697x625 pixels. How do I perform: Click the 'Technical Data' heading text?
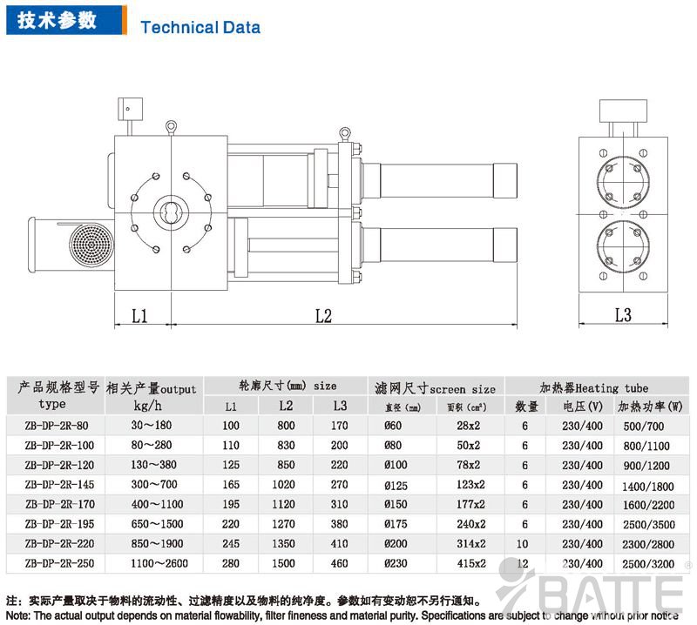[200, 27]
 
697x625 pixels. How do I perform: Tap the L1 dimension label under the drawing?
[139, 315]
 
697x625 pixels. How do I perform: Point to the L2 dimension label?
[323, 315]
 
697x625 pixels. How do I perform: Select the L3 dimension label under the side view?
[623, 315]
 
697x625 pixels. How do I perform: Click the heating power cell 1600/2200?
[648, 505]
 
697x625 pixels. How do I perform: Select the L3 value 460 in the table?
[340, 564]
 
